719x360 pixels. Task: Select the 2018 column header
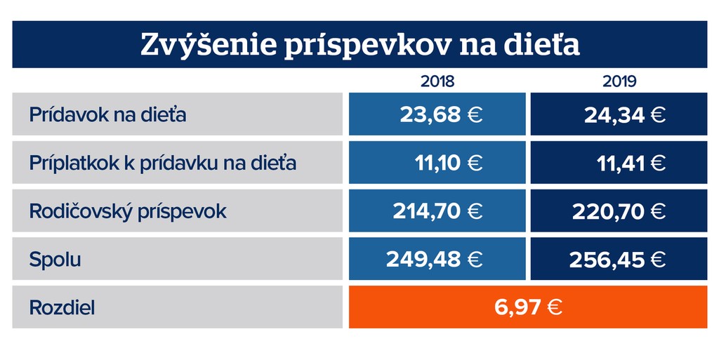point(437,81)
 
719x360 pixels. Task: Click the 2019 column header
point(619,81)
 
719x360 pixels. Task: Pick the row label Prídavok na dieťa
point(107,114)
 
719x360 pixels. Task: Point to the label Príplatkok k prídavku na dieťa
point(162,163)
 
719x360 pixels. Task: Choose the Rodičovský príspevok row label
point(128,211)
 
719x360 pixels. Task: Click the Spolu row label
point(55,260)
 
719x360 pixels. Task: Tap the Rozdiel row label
point(62,307)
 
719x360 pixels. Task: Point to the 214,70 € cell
point(437,211)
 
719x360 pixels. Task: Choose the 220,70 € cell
point(619,211)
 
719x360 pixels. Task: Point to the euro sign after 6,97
point(554,307)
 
